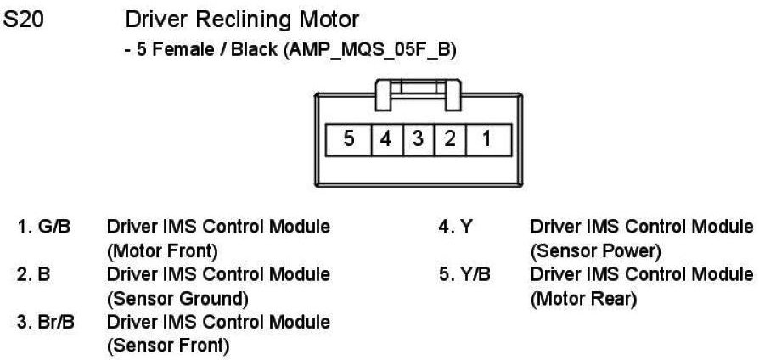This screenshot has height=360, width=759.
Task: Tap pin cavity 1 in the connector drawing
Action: pyautogui.click(x=486, y=138)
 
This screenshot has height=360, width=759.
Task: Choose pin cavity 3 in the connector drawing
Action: pyautogui.click(x=417, y=138)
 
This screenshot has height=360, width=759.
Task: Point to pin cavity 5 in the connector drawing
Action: pyautogui.click(x=349, y=138)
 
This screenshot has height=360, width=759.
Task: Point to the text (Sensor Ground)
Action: pyautogui.click(x=177, y=298)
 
